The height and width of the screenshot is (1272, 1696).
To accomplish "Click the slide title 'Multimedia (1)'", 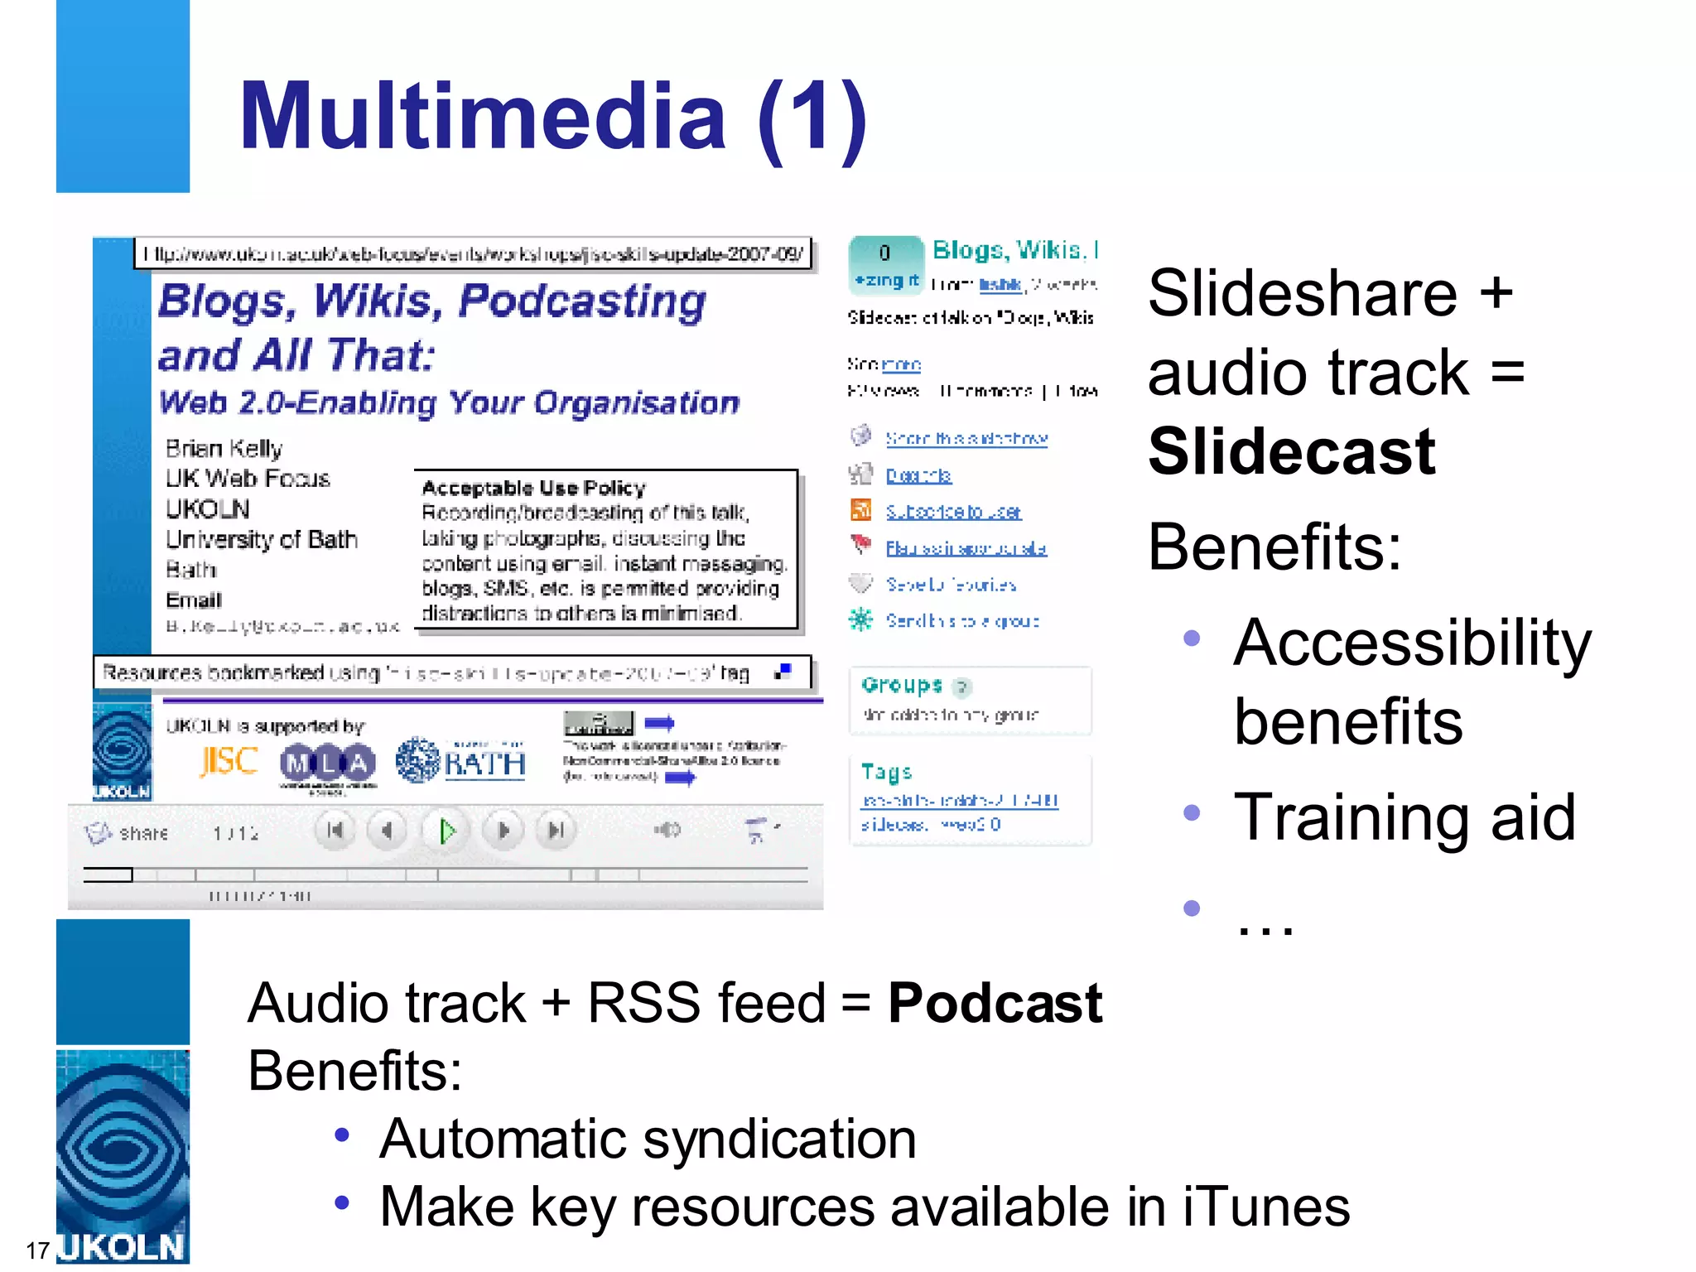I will click(x=553, y=117).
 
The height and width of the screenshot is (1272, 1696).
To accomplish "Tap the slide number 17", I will click(x=37, y=1250).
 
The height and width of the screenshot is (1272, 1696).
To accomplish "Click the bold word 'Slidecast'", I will click(x=1291, y=452).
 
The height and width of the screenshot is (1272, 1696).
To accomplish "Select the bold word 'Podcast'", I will click(x=995, y=1003).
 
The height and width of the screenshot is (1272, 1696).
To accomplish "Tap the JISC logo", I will click(x=229, y=761).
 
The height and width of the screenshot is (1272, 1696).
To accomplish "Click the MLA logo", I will click(x=328, y=763).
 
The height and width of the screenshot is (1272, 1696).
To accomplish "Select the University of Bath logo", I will click(x=460, y=761).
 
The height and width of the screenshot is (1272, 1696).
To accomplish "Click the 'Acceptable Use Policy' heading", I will click(x=533, y=487).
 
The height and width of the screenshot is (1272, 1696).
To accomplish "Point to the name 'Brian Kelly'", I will click(x=224, y=449).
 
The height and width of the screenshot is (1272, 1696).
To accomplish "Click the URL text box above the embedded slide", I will click(x=473, y=253).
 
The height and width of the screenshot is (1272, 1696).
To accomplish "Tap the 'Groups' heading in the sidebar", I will click(x=902, y=685).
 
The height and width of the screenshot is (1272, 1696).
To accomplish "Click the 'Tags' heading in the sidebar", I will click(x=886, y=773).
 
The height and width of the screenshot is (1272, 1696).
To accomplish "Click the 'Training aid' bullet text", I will click(x=1404, y=817).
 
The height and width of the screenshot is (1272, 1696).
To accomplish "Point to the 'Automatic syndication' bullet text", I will click(x=648, y=1139).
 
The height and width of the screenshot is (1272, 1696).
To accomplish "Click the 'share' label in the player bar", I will click(x=143, y=833).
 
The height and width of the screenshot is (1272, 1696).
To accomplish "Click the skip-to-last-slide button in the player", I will click(x=556, y=830).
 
